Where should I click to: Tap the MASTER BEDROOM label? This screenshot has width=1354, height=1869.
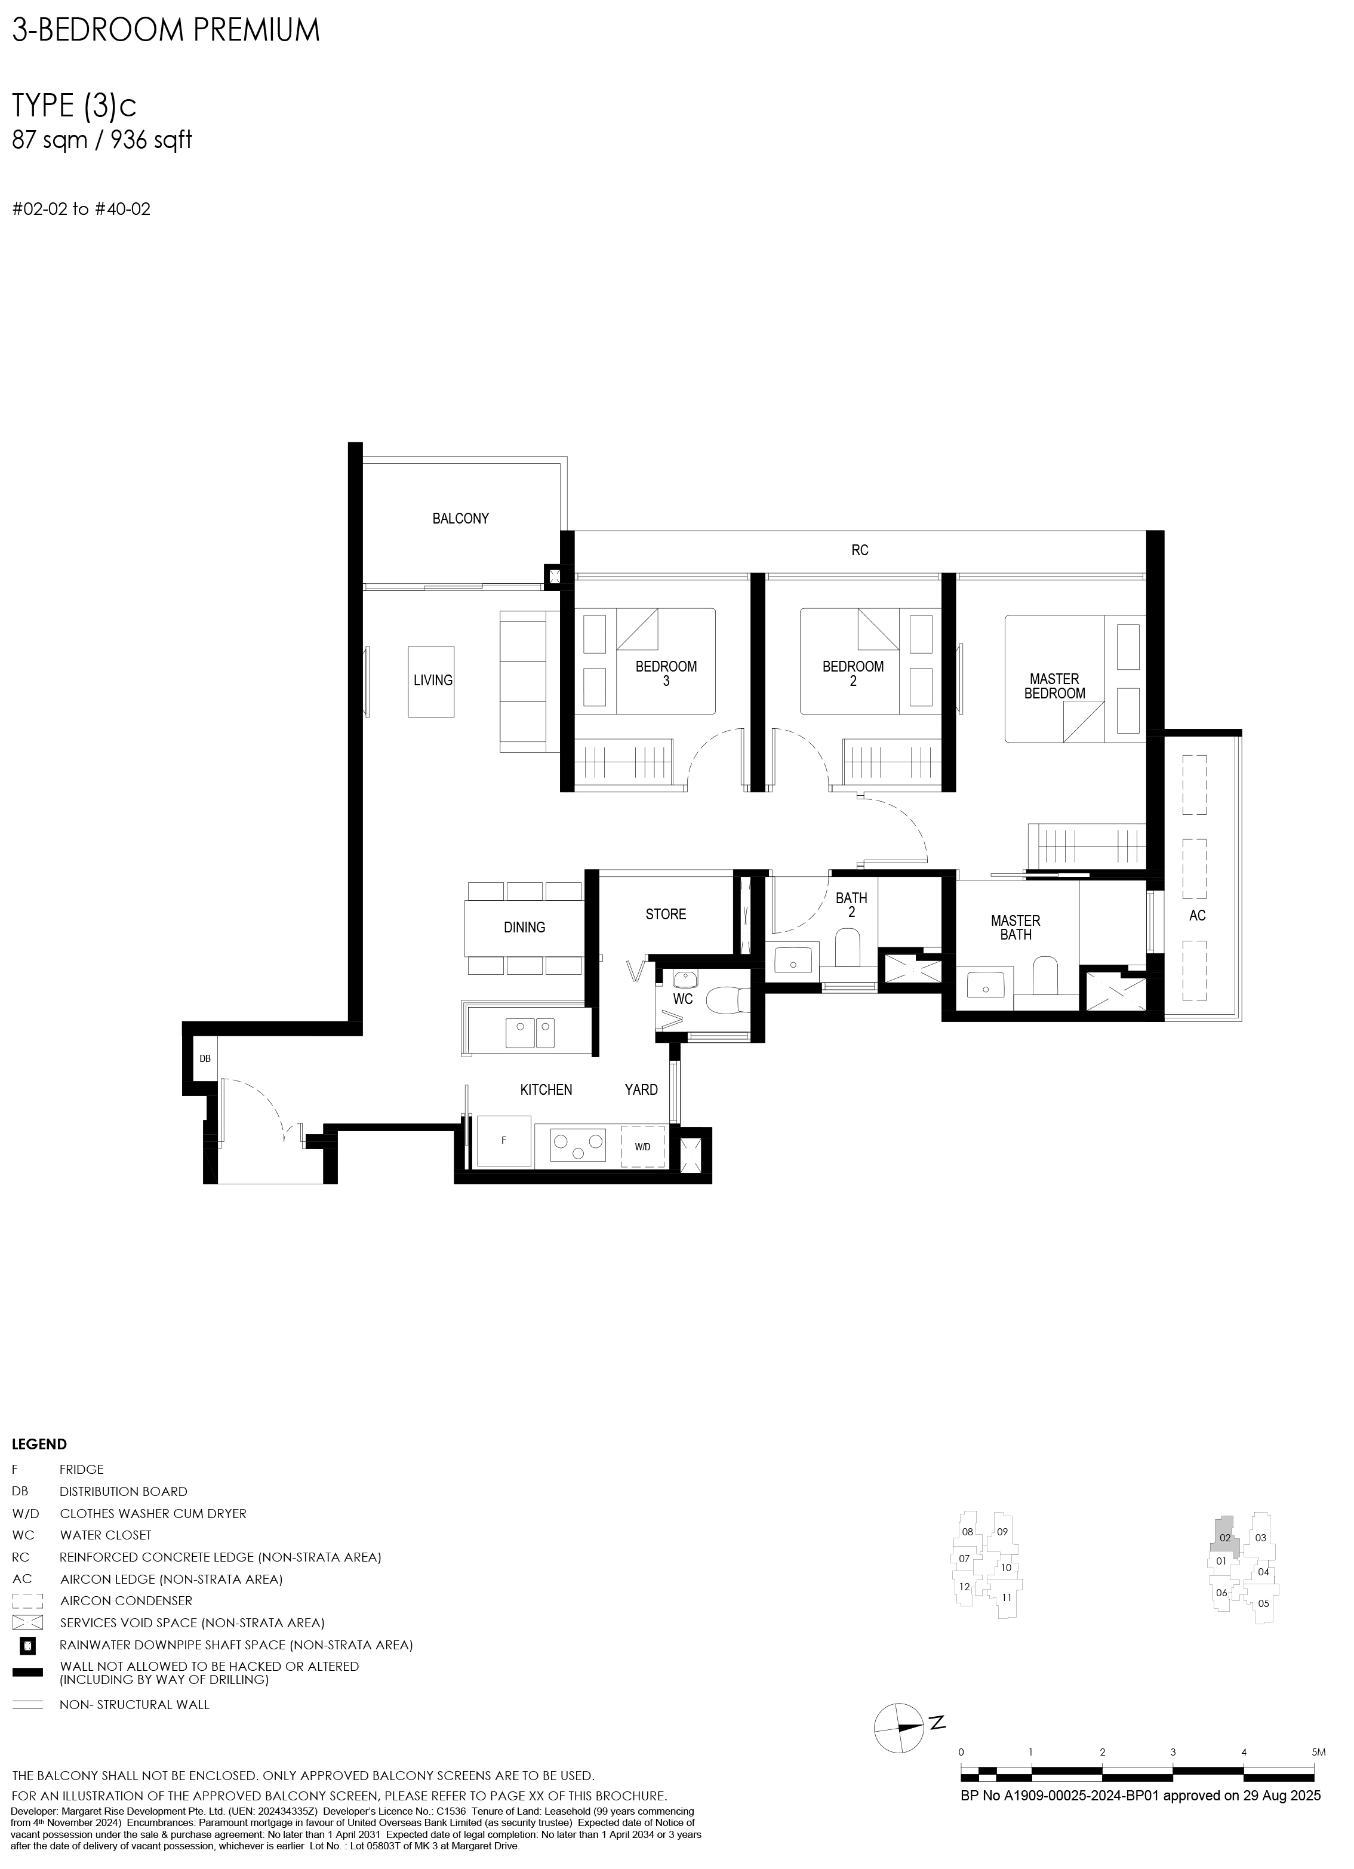1054,686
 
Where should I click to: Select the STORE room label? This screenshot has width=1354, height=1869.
666,914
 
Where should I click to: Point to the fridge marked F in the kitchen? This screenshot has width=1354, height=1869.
503,1141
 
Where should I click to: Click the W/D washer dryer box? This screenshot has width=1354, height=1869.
643,1146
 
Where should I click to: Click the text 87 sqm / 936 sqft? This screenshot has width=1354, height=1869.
102,140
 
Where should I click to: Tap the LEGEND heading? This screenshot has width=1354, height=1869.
39,1445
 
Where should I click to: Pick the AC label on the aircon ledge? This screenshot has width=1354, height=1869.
1198,916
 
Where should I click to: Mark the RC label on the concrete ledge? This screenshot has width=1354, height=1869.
860,550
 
